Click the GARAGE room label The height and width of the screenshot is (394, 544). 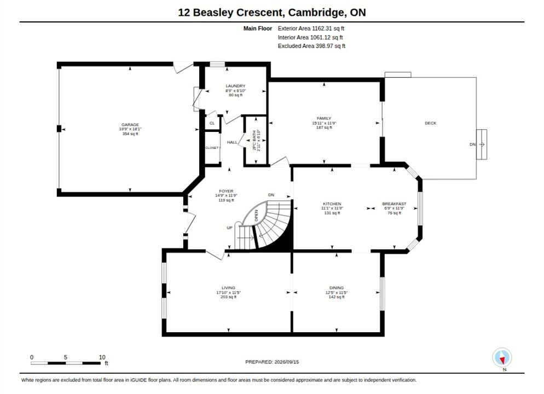pos(130,125)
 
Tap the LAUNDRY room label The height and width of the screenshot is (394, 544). pos(235,86)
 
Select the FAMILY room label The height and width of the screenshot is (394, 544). pos(324,118)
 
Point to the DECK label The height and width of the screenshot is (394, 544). pos(431,123)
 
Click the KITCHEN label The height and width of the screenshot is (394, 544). pos(332,204)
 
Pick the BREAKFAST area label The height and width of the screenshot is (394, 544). pos(394,204)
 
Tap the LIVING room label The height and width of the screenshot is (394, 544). pos(228,288)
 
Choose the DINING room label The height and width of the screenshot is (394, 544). pos(337,288)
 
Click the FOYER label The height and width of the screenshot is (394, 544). pos(226,191)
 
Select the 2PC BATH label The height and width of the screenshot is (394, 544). pos(254,140)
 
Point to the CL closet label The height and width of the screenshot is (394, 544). pos(212,123)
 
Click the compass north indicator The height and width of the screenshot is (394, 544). pos(502,357)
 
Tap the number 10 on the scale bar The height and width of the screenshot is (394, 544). pos(102,357)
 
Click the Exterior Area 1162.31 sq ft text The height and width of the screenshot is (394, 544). pos(311,28)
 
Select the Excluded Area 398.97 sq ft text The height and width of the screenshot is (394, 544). pos(311,46)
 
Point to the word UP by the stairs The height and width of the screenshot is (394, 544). pos(230,228)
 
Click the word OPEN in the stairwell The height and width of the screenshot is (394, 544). pos(256,216)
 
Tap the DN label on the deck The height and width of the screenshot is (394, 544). pos(472,144)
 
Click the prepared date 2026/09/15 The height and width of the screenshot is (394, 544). pos(287,362)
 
